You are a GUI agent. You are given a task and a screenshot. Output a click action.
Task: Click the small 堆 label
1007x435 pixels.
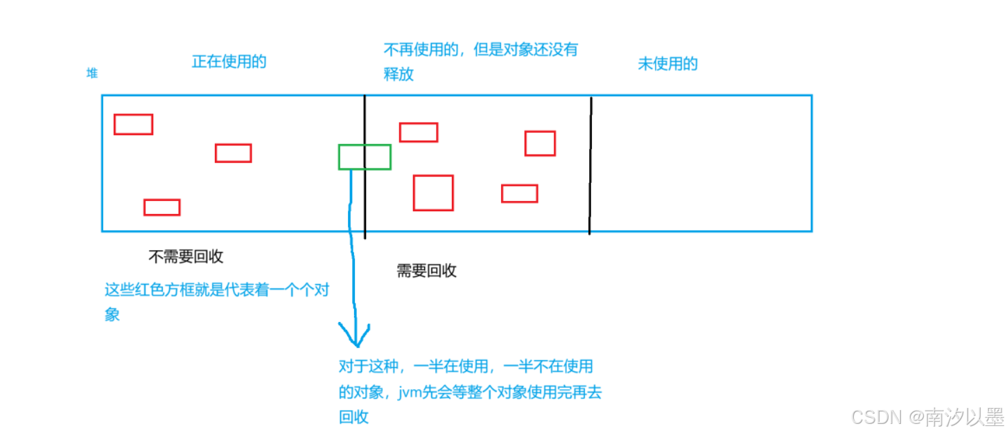(x=92, y=73)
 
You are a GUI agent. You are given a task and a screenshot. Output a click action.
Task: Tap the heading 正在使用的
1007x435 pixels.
(x=229, y=62)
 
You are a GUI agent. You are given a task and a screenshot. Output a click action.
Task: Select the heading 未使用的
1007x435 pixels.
(x=667, y=64)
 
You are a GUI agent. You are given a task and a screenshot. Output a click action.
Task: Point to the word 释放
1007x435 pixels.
(x=399, y=74)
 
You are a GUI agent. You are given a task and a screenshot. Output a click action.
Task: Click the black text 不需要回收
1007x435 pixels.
(x=186, y=257)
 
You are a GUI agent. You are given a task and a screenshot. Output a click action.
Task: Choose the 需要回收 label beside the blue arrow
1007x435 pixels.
(x=426, y=271)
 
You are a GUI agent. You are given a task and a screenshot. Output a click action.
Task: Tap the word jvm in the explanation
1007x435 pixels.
(x=412, y=393)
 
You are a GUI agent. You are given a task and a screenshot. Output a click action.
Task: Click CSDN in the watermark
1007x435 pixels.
(x=875, y=417)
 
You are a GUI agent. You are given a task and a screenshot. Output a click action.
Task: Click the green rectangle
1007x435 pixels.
(x=365, y=157)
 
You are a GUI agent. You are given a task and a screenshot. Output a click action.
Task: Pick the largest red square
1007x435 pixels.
(x=433, y=193)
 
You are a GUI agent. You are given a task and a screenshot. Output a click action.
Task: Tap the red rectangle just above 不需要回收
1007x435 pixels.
(x=161, y=207)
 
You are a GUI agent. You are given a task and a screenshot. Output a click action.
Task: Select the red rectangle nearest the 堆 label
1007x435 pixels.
(x=133, y=124)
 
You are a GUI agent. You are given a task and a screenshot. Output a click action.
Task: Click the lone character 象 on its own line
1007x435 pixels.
(x=112, y=314)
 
